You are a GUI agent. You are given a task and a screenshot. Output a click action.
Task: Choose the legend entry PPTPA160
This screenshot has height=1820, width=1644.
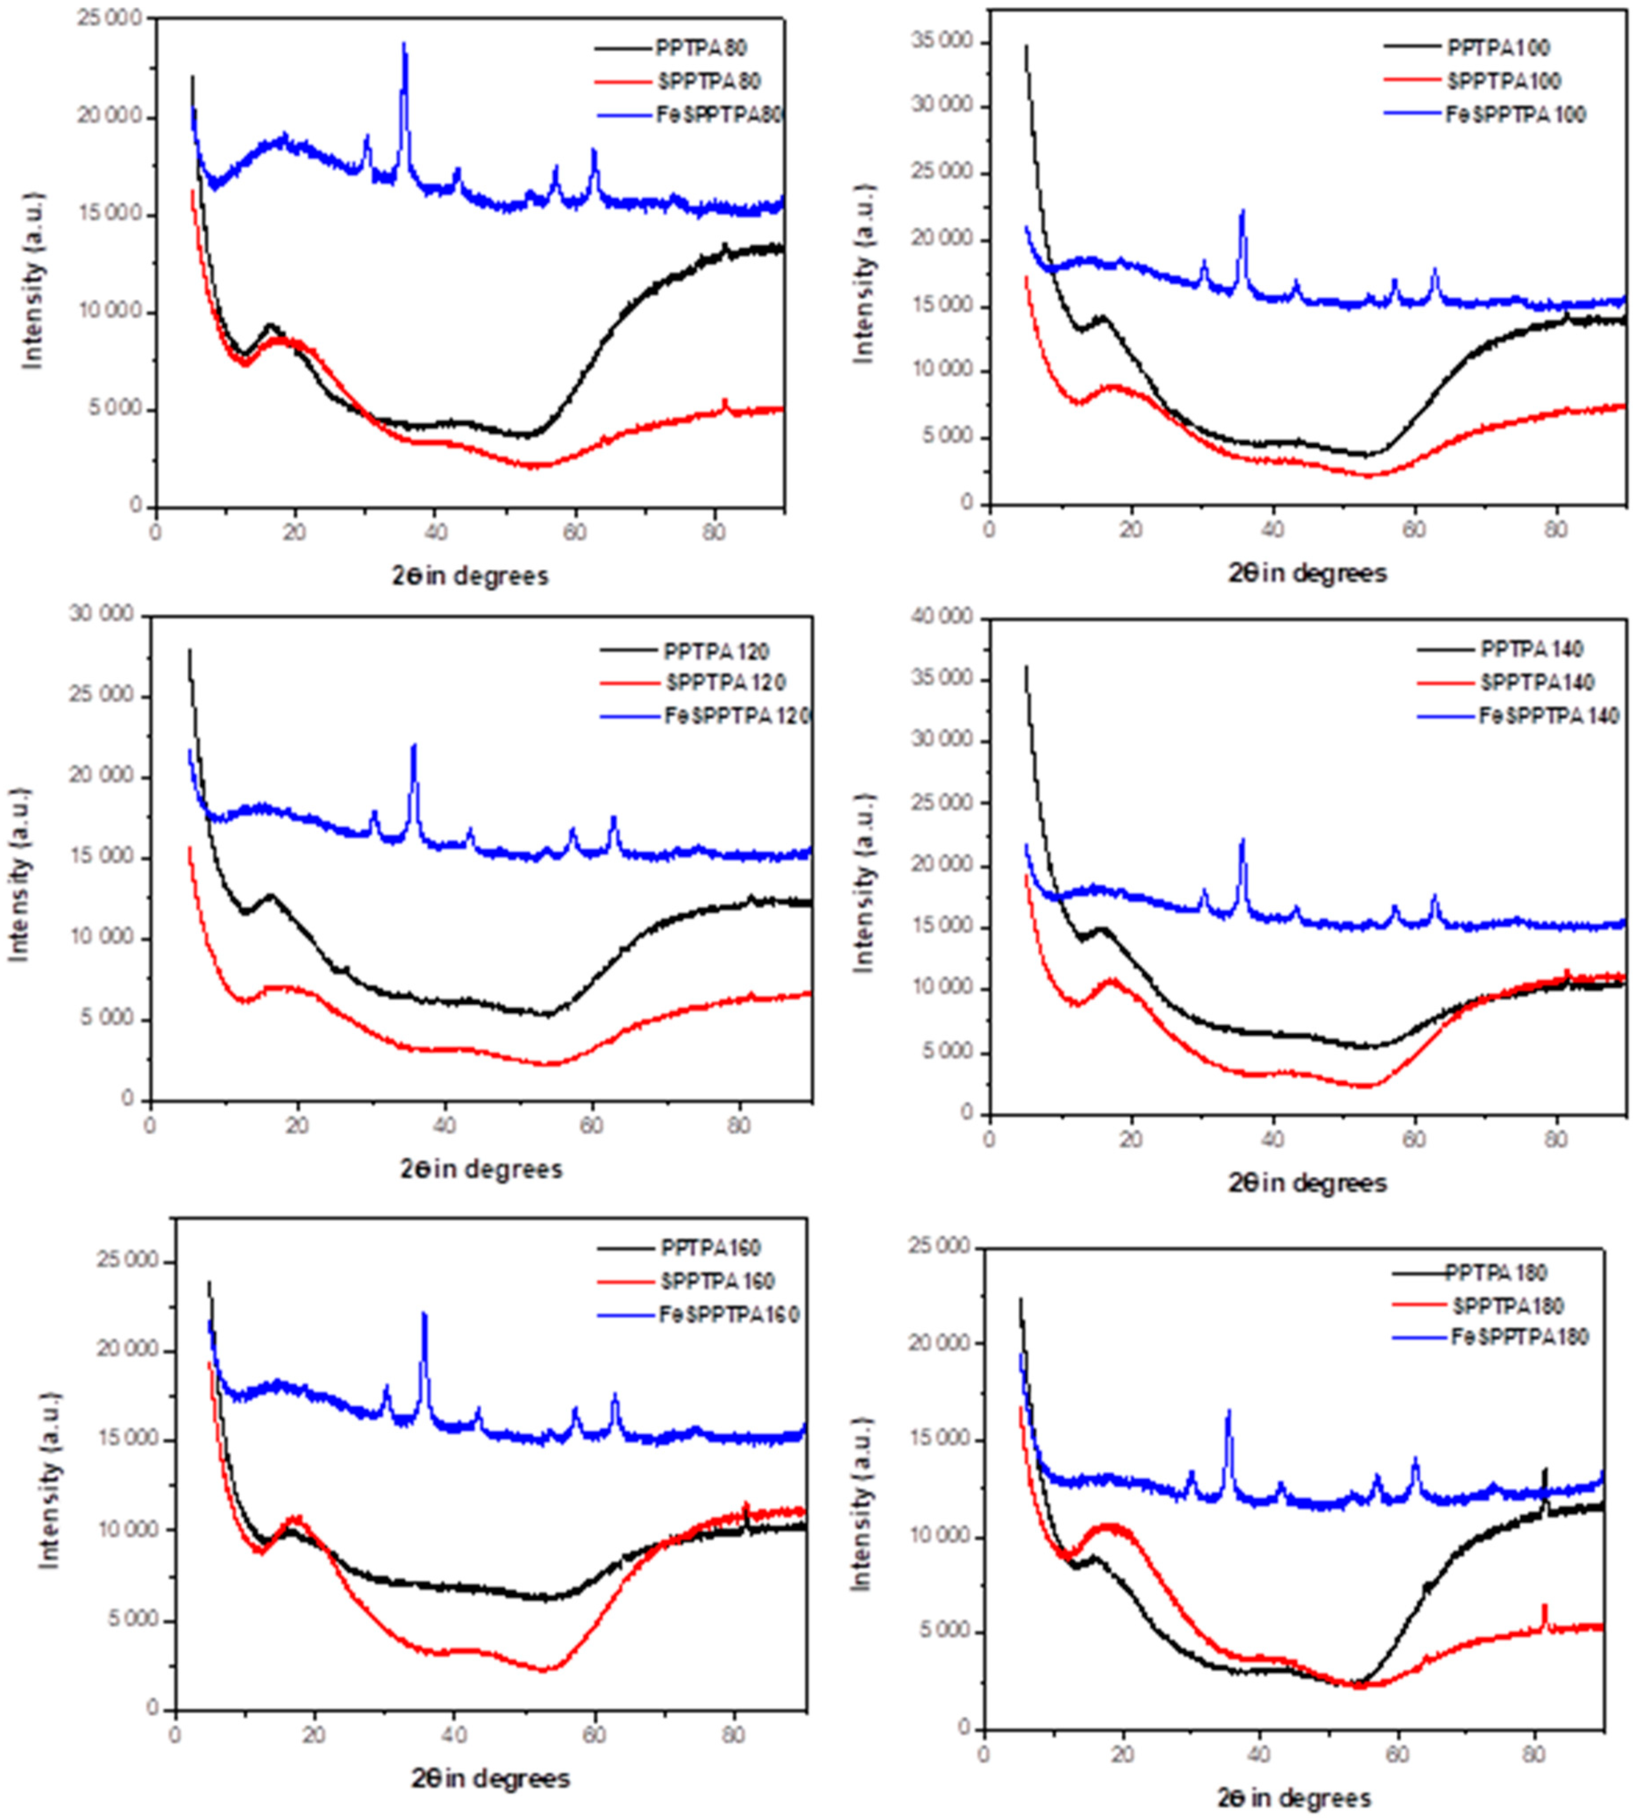pyautogui.click(x=710, y=1248)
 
